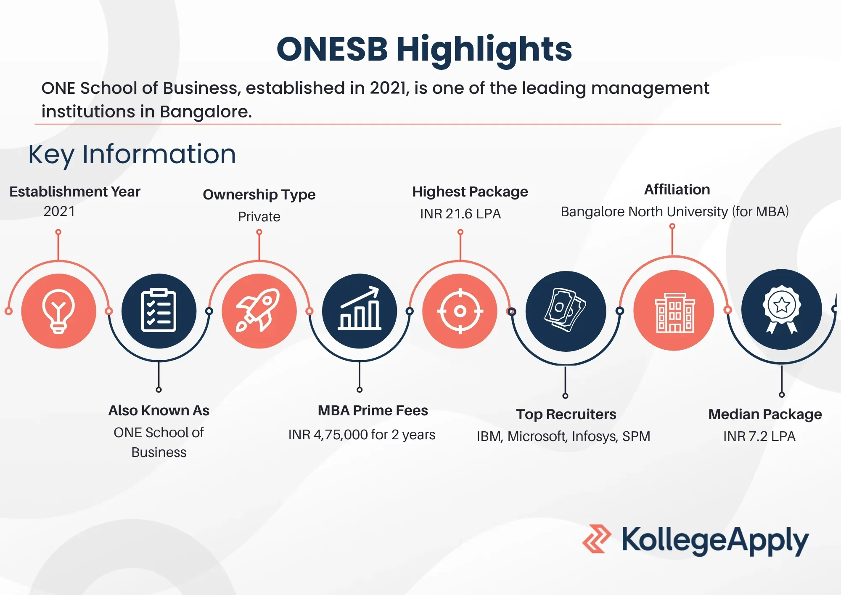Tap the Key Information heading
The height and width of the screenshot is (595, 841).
[x=132, y=155]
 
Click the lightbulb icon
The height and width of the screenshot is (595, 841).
[x=58, y=311]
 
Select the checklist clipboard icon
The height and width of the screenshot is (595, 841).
[x=159, y=311]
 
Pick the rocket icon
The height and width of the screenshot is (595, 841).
[x=258, y=310]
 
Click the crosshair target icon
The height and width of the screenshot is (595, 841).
[x=460, y=311]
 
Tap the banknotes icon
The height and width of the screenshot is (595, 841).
[x=566, y=310]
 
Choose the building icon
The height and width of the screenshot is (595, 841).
[x=675, y=313]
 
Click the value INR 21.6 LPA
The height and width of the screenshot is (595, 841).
[x=460, y=214]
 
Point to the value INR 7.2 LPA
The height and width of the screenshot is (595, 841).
[x=759, y=436]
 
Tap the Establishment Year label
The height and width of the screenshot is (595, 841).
[x=75, y=192]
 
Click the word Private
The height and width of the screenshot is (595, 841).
[x=259, y=217]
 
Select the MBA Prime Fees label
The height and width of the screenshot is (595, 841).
[x=373, y=410]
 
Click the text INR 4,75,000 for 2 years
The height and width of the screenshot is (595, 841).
[x=362, y=435]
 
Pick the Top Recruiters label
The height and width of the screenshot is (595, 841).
[x=566, y=414]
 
